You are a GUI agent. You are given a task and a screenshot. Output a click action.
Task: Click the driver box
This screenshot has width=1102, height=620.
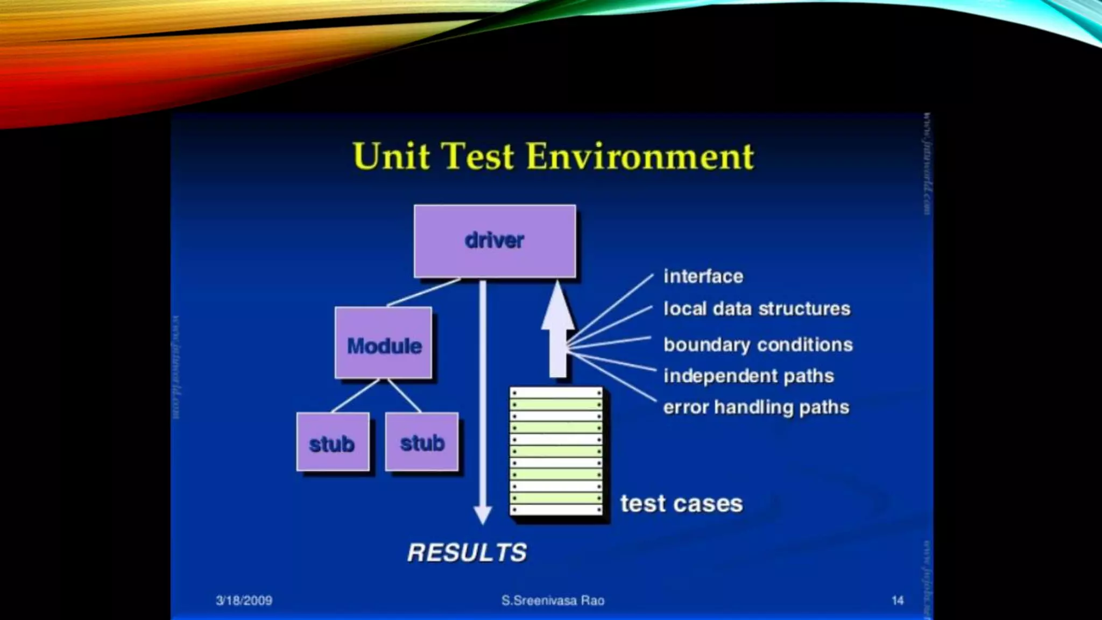point(495,241)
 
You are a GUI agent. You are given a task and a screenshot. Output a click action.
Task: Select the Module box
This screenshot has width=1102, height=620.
point(384,343)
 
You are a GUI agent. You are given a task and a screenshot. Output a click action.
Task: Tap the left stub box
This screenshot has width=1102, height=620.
point(333,442)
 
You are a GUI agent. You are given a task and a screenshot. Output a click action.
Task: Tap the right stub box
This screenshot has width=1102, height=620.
point(422,442)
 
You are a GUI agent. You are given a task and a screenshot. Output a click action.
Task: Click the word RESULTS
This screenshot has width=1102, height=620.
point(467,553)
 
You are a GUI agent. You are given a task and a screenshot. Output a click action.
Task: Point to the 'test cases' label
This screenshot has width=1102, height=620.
point(681,504)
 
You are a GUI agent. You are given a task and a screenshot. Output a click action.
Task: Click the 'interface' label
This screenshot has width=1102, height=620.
point(703,276)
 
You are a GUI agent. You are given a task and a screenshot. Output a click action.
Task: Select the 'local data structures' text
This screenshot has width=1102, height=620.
point(757,308)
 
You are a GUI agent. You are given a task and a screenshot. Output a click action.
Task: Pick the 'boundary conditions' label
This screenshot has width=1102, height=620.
point(758,344)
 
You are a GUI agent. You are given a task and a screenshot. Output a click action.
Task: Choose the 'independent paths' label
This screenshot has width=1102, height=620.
point(748,376)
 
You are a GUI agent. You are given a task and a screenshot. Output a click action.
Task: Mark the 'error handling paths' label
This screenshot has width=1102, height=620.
point(756,407)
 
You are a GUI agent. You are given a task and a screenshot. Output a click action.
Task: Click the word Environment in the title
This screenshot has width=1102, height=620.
point(640,157)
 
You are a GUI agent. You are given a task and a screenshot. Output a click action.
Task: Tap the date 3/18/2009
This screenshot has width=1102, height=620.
point(244,601)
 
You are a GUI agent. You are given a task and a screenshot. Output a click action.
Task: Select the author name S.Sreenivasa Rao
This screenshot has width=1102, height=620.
point(553,601)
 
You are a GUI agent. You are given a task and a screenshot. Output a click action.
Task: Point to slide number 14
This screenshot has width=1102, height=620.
point(897,601)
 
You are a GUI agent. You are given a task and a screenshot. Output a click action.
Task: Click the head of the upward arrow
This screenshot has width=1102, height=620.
point(557,307)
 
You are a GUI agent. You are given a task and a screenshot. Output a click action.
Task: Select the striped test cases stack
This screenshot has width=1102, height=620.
point(556,451)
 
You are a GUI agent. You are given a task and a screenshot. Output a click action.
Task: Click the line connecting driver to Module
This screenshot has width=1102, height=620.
point(423,292)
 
